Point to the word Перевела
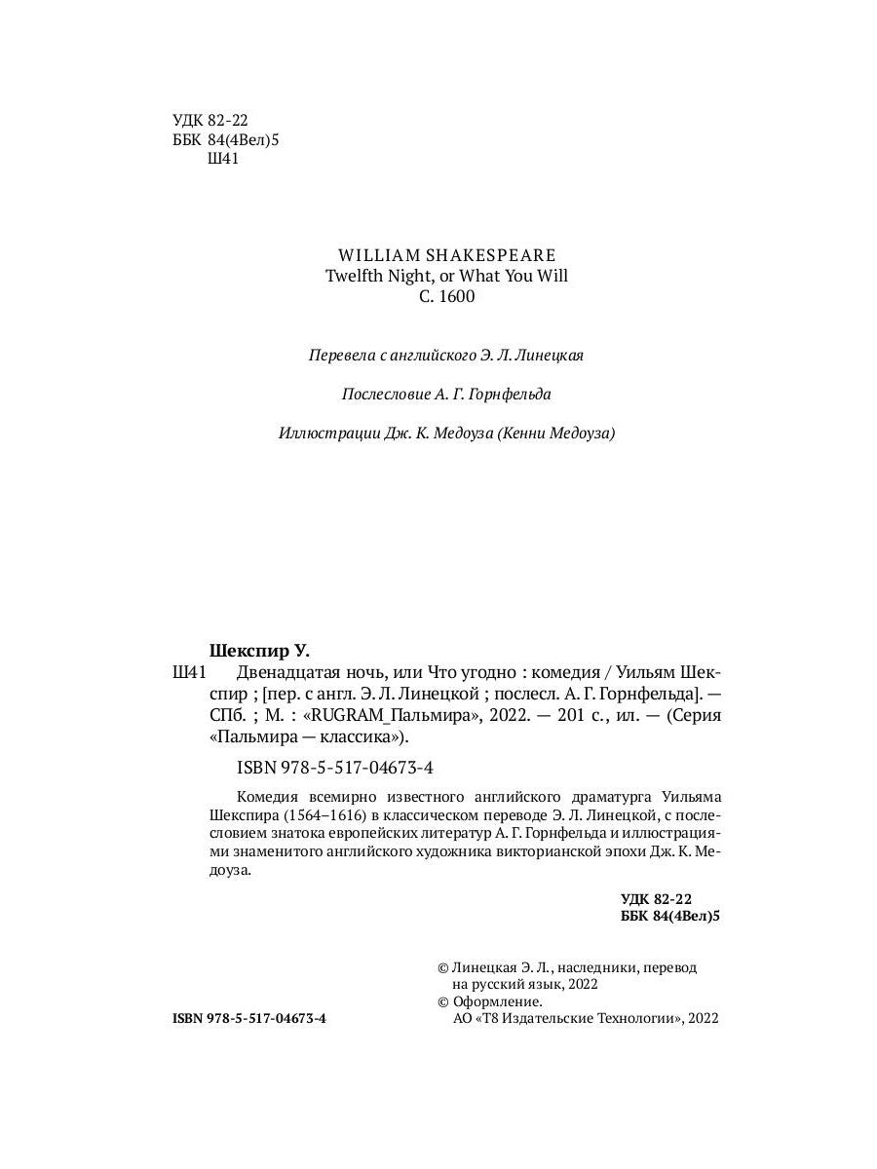click(340, 357)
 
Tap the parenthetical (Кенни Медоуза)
click(556, 434)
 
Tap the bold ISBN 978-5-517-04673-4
click(249, 1018)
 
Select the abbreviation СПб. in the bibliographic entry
click(228, 715)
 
